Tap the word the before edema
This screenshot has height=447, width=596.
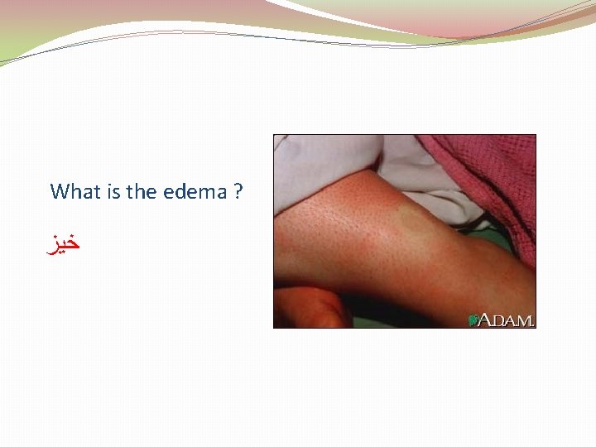point(142,192)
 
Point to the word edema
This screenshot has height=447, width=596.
point(195,192)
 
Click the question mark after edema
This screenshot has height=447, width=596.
point(238,192)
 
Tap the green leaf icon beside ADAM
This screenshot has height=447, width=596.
point(474,319)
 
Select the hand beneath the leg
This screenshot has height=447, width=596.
point(310,308)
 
